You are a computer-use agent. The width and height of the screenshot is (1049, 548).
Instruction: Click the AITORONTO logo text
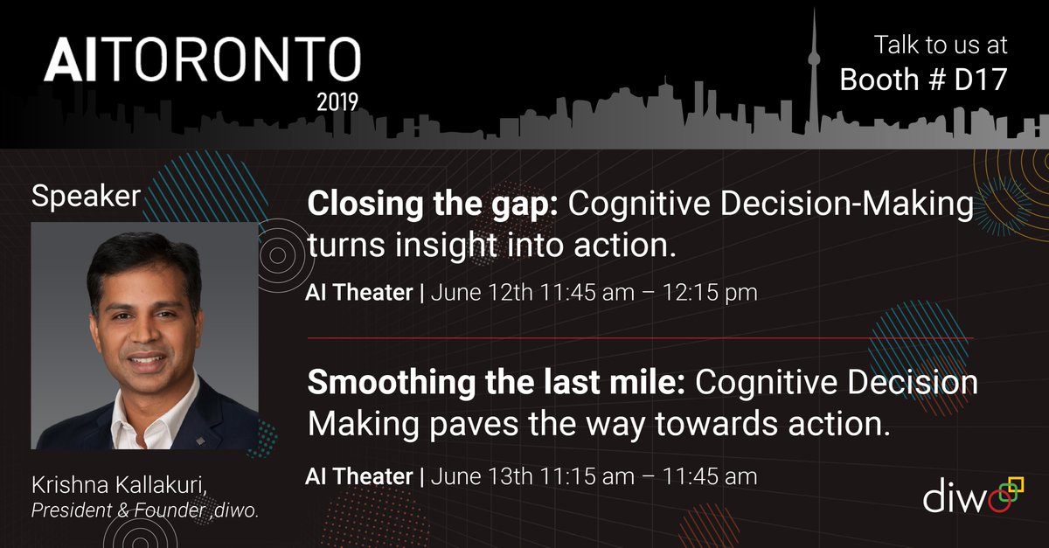pos(202,64)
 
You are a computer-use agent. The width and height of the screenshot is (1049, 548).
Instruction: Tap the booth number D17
pos(976,80)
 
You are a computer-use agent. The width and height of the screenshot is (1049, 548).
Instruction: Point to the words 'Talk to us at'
pos(941,44)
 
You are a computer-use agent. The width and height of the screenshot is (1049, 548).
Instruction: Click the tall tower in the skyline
pos(814,79)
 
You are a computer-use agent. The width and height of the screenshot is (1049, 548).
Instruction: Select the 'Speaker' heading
pos(86,197)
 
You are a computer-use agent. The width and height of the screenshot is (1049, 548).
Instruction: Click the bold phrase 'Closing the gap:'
pos(434,205)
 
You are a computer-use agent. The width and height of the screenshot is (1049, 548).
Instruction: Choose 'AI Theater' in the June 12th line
pos(358,294)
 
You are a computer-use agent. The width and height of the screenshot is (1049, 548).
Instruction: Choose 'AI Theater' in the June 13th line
pos(358,476)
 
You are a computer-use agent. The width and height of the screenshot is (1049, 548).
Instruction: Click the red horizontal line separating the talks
pos(639,337)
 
